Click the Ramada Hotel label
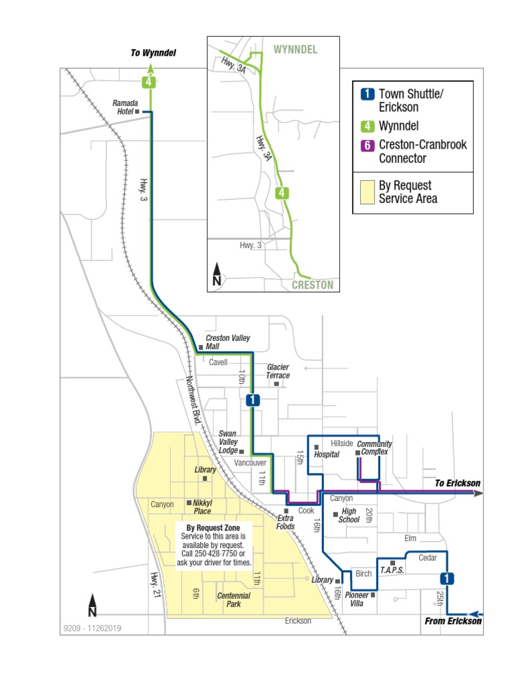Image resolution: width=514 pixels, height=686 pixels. pos(124,107)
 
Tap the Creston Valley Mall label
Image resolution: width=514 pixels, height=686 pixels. pos(228,342)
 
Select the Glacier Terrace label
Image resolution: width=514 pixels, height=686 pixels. pos(278,372)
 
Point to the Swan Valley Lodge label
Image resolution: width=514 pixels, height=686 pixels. pos(228,442)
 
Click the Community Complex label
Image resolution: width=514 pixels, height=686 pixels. pos(374,448)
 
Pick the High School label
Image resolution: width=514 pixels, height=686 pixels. pos(349,515)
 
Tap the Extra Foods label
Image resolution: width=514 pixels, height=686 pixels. pos(286,523)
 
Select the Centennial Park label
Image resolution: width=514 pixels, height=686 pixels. pos(234,600)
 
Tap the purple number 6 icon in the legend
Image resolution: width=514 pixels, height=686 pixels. pos(366,145)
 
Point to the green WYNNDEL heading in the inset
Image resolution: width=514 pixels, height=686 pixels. pos(295,50)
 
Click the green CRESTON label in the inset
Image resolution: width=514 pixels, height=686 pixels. pos(312,285)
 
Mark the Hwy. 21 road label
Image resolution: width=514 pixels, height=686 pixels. pos(155,583)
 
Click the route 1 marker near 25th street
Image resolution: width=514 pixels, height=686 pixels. pos(446,578)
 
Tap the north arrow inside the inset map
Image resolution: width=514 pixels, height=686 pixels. pos(217,275)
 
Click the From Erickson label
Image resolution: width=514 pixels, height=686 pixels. pos(453,621)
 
